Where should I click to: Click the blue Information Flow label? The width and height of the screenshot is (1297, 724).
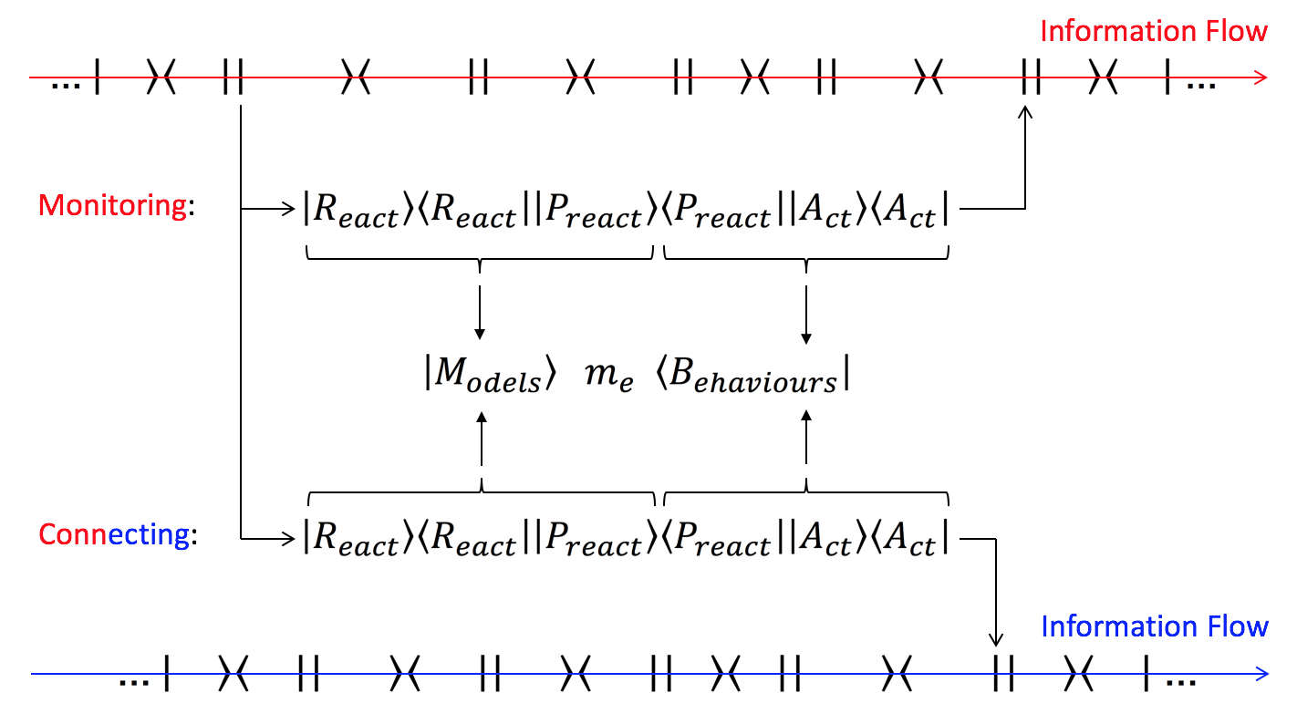(1153, 626)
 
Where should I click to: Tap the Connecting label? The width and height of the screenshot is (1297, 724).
(115, 534)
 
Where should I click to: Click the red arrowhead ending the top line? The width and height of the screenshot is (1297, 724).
(1260, 78)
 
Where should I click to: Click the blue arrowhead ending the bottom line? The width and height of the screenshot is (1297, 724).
(1260, 675)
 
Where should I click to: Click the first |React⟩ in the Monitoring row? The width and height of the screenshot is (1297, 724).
(350, 212)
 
